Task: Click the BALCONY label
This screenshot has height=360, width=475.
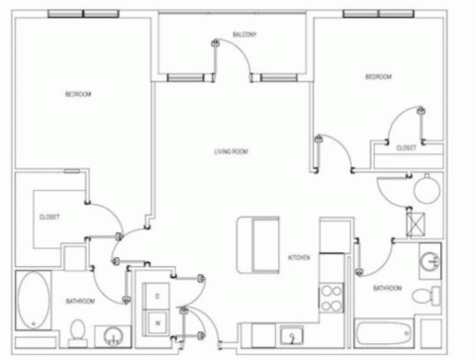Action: tap(244, 35)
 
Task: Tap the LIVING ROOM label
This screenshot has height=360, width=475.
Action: tap(231, 151)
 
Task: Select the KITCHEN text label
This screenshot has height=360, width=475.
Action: tap(299, 257)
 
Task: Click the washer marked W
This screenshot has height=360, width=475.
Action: tap(157, 323)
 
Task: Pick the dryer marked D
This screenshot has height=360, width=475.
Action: tap(156, 297)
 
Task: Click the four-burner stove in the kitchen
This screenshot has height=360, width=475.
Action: tap(332, 299)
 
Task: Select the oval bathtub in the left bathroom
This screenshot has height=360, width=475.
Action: tap(34, 300)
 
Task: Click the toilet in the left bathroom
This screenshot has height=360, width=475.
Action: tap(78, 333)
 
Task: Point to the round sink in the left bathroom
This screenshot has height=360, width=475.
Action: tap(113, 336)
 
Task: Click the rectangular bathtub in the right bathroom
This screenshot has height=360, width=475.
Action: tap(384, 333)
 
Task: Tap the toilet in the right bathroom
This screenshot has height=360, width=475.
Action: tap(427, 296)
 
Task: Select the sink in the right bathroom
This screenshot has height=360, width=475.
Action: tap(430, 261)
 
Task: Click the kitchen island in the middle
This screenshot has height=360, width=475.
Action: tap(258, 245)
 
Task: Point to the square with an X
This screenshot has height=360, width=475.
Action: tap(416, 225)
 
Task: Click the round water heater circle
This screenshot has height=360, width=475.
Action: tap(427, 190)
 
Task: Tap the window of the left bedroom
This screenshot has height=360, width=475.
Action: tap(83, 14)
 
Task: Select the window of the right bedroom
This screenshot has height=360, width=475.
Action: tap(378, 14)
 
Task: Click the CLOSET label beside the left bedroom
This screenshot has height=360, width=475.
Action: tap(49, 218)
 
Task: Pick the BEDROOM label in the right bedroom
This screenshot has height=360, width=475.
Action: tap(378, 77)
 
